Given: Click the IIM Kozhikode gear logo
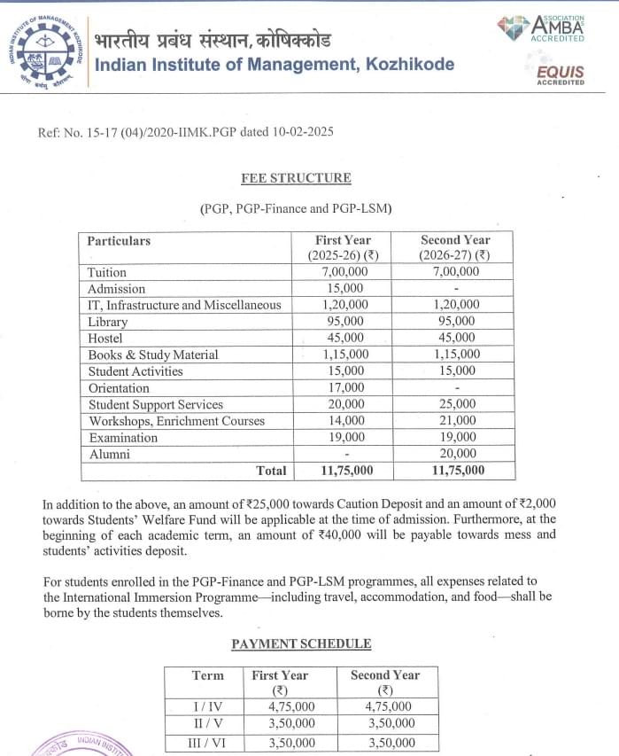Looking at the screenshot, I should coord(46,52).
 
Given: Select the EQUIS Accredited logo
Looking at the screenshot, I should coord(560,70).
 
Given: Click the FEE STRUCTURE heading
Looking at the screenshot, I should coord(296,178).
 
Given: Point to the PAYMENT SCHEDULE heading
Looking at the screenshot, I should coord(301,643).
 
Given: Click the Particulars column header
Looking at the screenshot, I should coord(120,241).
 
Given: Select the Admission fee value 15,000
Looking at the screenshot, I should coord(344,289).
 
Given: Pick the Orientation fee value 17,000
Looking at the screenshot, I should coord(344,388).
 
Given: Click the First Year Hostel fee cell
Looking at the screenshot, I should coord(344,339).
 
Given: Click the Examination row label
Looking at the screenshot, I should coord(123,438).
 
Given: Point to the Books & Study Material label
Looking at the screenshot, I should coord(152,355).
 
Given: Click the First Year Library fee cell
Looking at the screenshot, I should coord(344,322).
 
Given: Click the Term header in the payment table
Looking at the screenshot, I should coord(208,675).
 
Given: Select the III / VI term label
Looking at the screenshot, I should coord(207,744).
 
